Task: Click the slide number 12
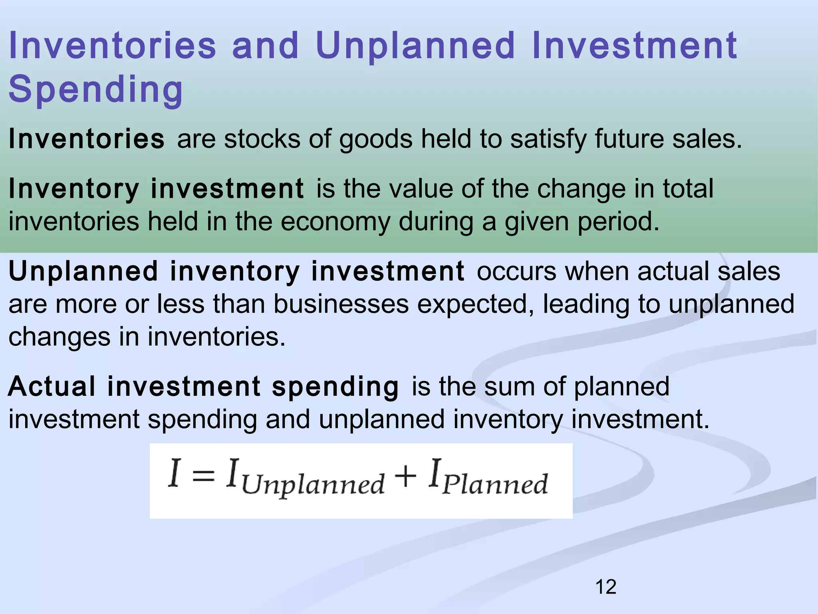(606, 587)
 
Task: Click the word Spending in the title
(96, 90)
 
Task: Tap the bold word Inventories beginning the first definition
(86, 139)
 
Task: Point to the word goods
(376, 140)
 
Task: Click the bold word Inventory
(74, 189)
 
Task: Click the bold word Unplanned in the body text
(83, 272)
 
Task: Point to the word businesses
(341, 305)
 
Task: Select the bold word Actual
(52, 387)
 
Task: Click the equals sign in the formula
(203, 476)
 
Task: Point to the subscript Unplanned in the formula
(313, 485)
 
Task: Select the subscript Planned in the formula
(495, 484)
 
